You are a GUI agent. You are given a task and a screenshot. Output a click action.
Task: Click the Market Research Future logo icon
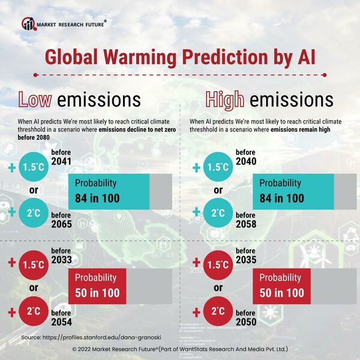click(28, 23)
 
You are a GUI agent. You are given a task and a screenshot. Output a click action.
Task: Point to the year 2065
click(61, 225)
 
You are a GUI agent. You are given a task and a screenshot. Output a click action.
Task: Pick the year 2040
click(247, 163)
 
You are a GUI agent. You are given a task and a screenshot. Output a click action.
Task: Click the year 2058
click(247, 225)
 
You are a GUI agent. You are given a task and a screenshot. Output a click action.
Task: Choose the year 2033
click(61, 260)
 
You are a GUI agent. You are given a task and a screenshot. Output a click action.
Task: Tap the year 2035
click(247, 260)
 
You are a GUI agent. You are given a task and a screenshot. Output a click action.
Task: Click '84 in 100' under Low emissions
click(97, 198)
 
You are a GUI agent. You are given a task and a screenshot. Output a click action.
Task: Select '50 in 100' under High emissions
click(282, 293)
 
